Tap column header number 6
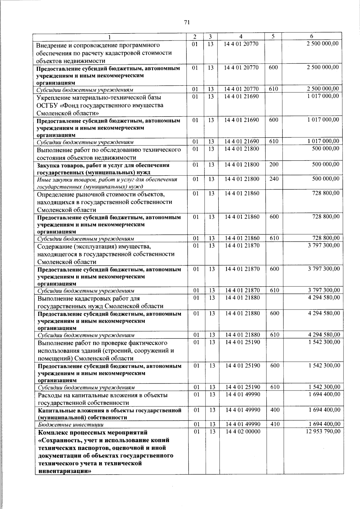[x=311, y=36]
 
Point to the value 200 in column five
[x=274, y=164]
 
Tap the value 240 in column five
[x=274, y=179]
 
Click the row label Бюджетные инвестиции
[x=70, y=425]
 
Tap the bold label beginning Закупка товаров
[x=103, y=169]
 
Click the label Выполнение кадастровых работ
[x=88, y=298]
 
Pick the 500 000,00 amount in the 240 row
[x=326, y=179]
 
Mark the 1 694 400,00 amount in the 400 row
[x=324, y=410]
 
